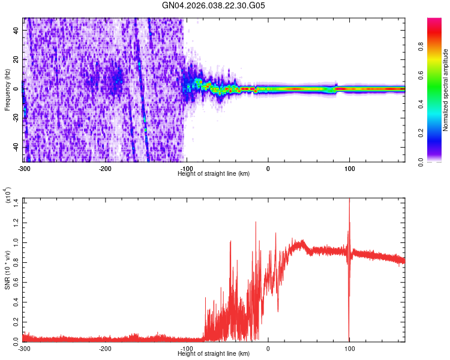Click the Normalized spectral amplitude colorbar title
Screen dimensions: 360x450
[446, 89]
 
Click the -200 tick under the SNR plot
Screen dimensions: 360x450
[105, 348]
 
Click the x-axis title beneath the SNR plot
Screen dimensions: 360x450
[214, 353]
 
